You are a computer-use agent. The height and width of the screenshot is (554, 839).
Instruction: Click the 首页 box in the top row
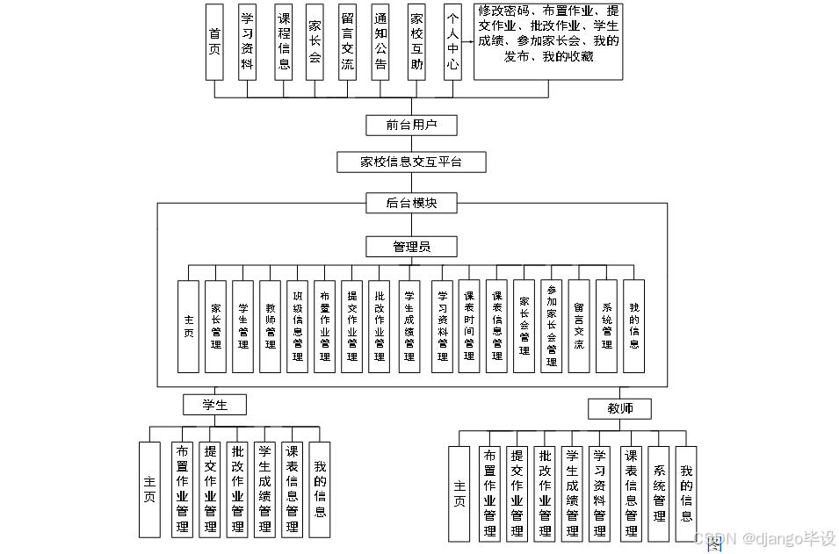click(x=213, y=42)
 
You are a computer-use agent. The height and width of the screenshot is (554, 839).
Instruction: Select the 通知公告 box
click(x=380, y=42)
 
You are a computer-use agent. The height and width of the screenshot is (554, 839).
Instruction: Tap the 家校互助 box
click(x=417, y=42)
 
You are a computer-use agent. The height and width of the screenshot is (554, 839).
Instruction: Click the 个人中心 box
click(x=452, y=42)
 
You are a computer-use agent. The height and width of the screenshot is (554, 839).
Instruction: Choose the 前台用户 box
click(x=411, y=125)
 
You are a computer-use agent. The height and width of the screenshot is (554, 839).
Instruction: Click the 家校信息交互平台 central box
click(x=411, y=162)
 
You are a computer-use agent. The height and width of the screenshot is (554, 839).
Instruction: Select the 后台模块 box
click(x=411, y=204)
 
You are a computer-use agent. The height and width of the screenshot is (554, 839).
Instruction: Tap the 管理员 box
click(x=411, y=247)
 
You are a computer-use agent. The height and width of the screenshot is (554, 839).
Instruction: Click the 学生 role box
click(x=214, y=405)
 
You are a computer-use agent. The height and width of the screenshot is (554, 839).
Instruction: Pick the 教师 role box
click(x=619, y=409)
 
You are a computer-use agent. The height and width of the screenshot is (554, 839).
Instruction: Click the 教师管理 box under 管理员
click(x=271, y=327)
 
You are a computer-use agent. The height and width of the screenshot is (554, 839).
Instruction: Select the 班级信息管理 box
click(x=297, y=327)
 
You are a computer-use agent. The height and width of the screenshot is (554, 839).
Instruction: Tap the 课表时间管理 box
click(x=469, y=327)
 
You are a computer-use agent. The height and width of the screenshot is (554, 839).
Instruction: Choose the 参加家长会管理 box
click(x=552, y=327)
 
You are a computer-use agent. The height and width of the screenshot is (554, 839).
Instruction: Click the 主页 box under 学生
click(x=150, y=489)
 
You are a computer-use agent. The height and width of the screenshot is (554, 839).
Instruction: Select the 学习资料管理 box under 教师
click(x=600, y=493)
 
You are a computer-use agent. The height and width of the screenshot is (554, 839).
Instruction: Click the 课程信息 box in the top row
click(x=284, y=42)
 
